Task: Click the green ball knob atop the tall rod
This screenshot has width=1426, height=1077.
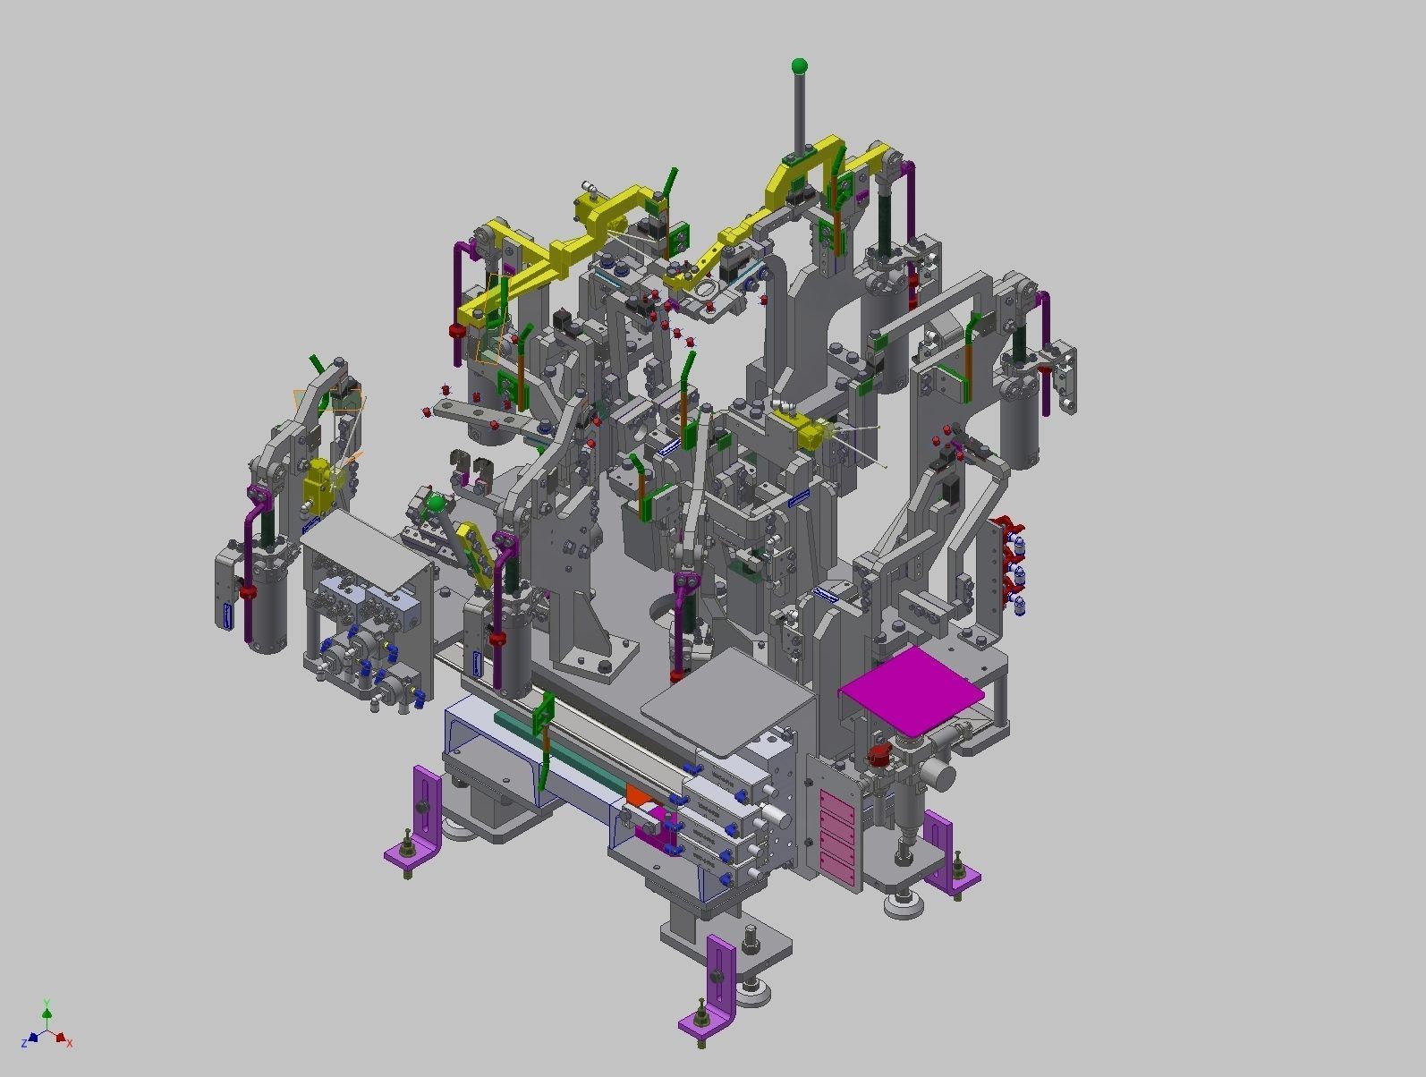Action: click(799, 65)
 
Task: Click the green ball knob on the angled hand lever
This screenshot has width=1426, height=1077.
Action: click(436, 504)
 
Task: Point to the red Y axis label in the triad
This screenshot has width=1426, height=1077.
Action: click(47, 1003)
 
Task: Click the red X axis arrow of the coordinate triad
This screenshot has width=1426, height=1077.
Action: click(60, 1039)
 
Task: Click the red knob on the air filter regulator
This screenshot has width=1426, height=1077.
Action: click(879, 754)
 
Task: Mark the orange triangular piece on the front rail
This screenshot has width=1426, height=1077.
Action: click(638, 794)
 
